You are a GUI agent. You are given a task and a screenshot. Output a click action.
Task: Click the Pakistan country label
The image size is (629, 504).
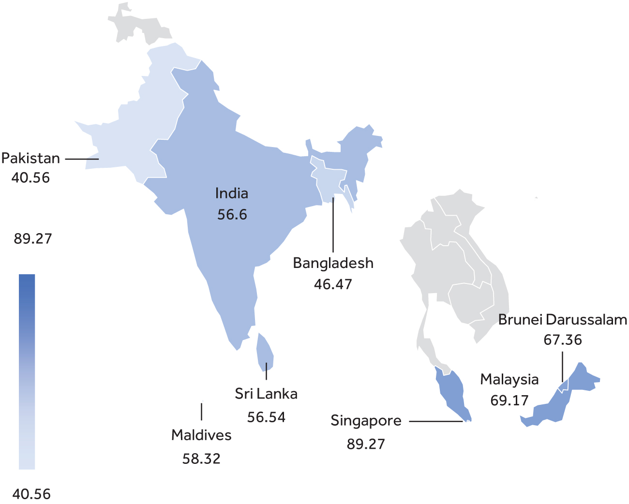tap(30, 158)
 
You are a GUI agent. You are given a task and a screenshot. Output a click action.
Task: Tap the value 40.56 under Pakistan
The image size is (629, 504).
tap(30, 178)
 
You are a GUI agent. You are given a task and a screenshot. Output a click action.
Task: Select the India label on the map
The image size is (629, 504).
tap(232, 193)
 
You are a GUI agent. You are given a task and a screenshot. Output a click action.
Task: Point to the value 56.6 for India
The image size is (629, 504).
tap(232, 214)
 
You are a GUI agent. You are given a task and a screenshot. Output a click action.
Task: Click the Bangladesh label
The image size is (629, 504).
tap(333, 263)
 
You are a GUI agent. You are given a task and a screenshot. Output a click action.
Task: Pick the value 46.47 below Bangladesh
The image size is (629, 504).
tap(333, 284)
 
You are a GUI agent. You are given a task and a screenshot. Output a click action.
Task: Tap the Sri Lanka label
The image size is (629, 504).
tap(266, 394)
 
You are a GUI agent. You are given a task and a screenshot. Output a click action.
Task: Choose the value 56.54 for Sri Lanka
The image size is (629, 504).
tap(266, 417)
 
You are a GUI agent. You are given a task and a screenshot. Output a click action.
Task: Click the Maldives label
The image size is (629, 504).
tap(201, 435)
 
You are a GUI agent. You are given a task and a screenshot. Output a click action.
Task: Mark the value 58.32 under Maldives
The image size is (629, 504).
tap(201, 459)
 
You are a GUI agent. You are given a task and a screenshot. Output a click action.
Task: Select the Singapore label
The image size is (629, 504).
tap(366, 421)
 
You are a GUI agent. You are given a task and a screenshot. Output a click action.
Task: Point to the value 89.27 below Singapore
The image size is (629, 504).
tap(366, 444)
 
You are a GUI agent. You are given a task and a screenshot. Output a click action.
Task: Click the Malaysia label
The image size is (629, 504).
tap(509, 380)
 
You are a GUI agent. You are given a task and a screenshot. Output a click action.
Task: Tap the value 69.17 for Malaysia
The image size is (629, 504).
tap(509, 400)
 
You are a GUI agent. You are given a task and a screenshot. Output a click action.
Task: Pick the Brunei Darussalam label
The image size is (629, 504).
tap(563, 320)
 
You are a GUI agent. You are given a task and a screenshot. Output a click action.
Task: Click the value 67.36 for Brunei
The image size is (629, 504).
tap(563, 340)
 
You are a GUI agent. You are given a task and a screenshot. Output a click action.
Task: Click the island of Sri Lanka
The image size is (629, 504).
tap(265, 352)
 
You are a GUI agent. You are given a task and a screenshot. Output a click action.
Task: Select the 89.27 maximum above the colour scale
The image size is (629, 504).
tap(32, 239)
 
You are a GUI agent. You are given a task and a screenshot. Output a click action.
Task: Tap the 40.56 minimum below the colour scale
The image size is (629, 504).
tap(31, 494)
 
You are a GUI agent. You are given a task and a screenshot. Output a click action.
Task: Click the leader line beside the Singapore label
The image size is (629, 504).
tap(435, 421)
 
